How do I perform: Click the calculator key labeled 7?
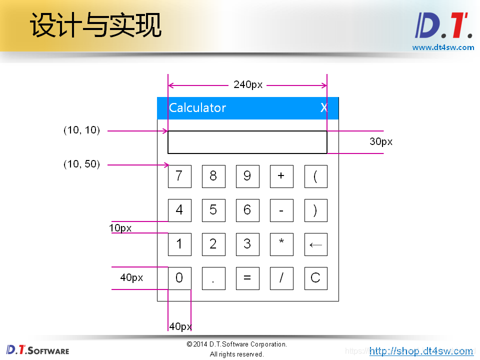(x=179, y=176)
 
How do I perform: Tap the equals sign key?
(x=247, y=278)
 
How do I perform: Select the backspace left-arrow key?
(x=315, y=244)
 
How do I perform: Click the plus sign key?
(x=281, y=176)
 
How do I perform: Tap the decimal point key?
(x=213, y=278)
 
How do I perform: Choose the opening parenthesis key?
(x=315, y=176)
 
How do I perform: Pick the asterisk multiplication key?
(x=281, y=244)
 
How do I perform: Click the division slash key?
(x=281, y=278)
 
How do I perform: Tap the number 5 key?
(x=213, y=210)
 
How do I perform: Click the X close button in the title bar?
(x=324, y=108)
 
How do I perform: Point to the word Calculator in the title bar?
(x=197, y=108)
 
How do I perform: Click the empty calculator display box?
(x=247, y=142)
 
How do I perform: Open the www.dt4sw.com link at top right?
(x=443, y=47)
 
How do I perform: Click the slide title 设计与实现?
(x=96, y=25)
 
